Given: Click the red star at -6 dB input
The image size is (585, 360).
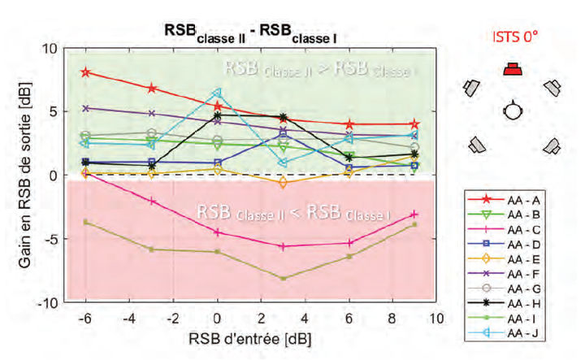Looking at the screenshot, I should pos(85,72).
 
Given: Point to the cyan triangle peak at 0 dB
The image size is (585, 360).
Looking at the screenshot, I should pos(217,93).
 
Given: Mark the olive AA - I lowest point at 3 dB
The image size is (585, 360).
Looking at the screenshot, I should pos(283,279).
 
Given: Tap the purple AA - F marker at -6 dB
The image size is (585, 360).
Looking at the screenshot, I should pos(85,107).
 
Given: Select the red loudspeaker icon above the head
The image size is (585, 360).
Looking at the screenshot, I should pos(512,68).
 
